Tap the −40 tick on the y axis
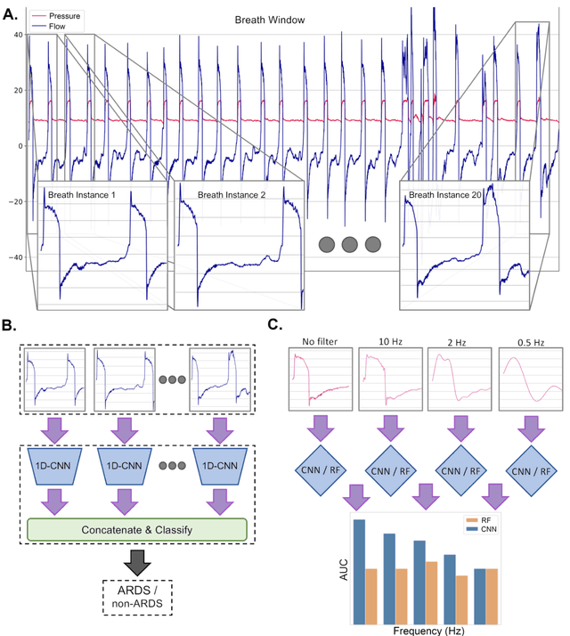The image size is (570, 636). (x=13, y=257)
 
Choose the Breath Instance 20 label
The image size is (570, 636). (x=446, y=193)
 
